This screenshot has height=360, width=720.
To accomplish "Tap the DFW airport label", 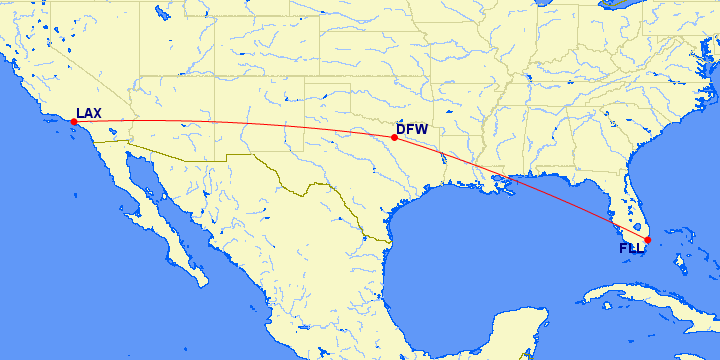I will click(x=413, y=129).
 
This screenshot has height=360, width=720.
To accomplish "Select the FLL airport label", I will click(x=631, y=248).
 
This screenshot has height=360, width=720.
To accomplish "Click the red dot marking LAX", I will click(x=74, y=122).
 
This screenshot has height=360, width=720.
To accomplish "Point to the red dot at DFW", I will click(x=395, y=138).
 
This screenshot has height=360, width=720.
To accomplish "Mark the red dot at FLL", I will click(x=647, y=240).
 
